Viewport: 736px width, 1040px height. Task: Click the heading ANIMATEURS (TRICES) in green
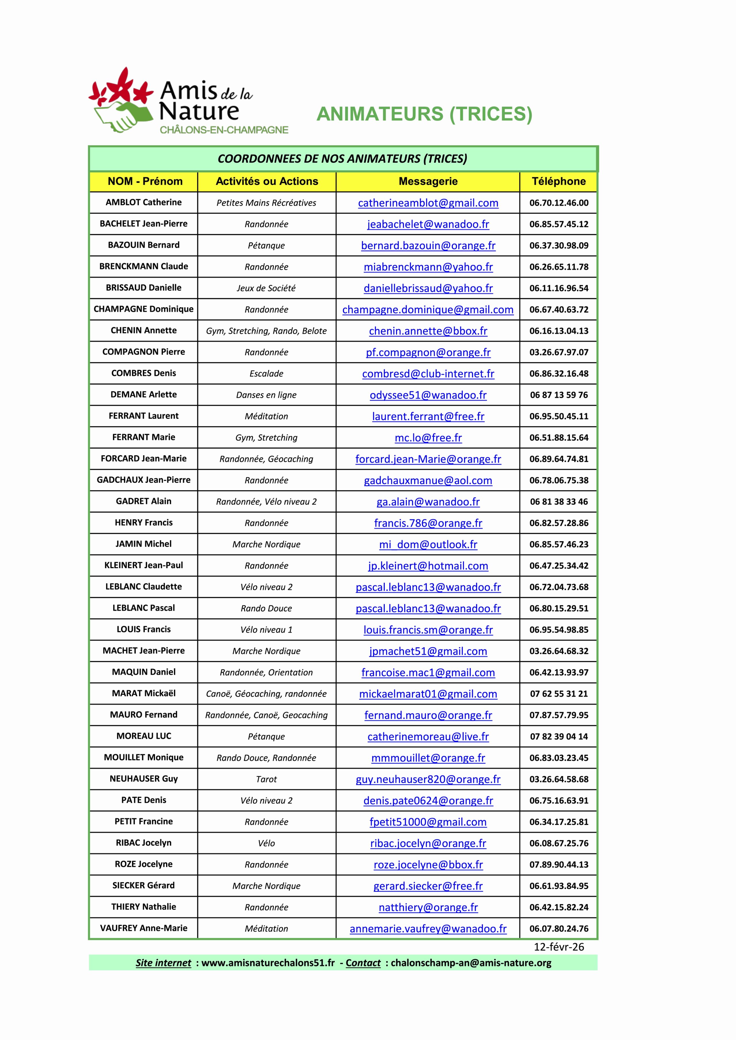(x=424, y=114)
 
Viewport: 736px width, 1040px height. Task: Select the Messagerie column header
(x=428, y=182)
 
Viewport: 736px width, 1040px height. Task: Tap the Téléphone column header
(x=558, y=182)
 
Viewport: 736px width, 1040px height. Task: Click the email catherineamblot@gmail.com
(x=428, y=203)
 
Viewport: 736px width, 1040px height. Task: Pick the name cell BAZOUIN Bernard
(x=144, y=245)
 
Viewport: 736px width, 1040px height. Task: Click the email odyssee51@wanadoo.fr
(x=428, y=395)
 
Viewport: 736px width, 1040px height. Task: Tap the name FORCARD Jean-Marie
(x=144, y=459)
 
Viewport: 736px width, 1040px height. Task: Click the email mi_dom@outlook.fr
(x=428, y=544)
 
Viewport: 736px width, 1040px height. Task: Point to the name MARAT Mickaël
(x=144, y=693)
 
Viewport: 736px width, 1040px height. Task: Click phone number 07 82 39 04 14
(x=558, y=737)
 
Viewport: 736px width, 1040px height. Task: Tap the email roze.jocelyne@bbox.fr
(x=428, y=865)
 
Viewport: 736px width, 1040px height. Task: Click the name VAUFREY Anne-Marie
(x=144, y=928)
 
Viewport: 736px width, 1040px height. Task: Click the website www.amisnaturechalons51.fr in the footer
(x=267, y=963)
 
